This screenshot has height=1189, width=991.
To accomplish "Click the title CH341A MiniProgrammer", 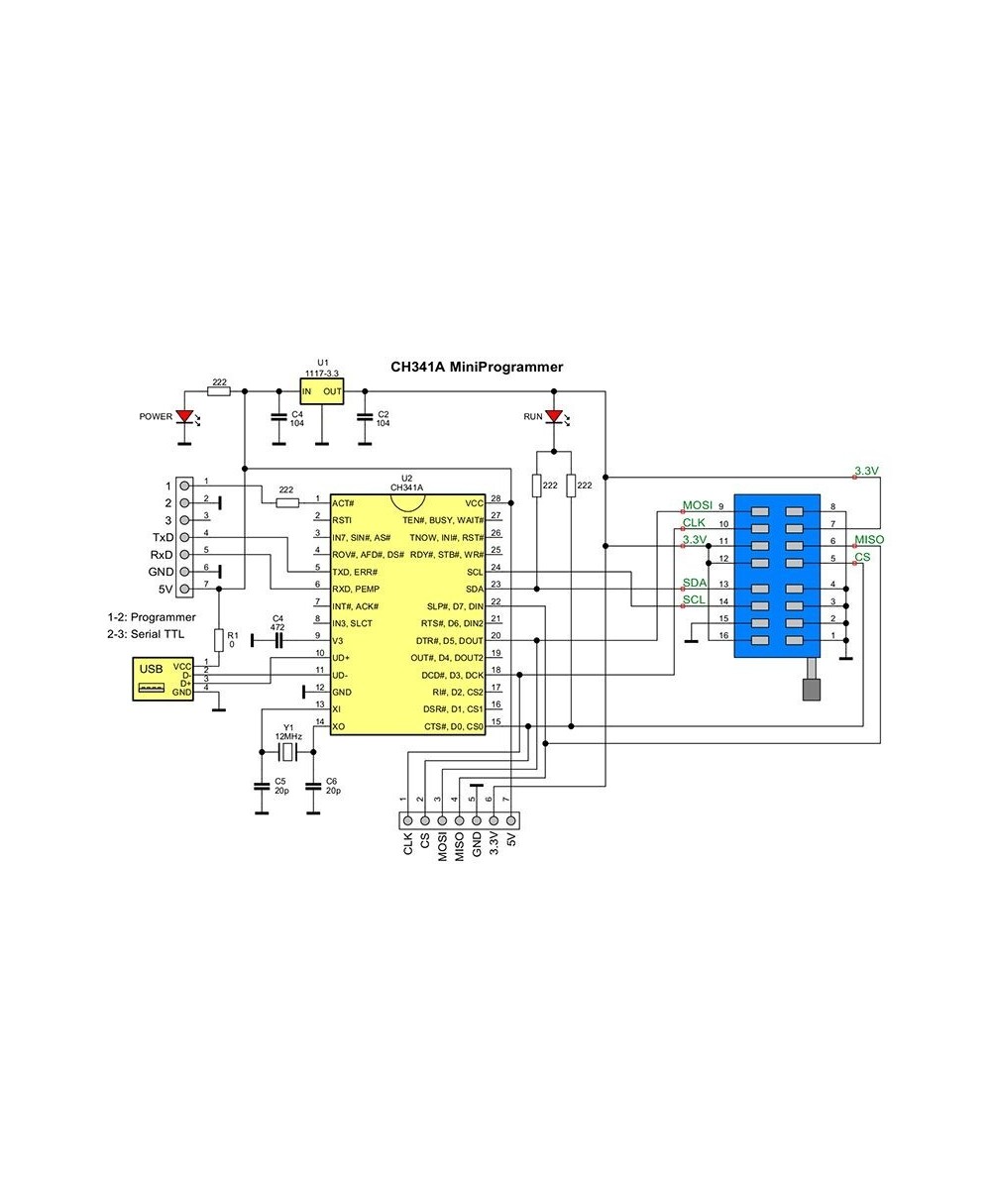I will [x=477, y=367].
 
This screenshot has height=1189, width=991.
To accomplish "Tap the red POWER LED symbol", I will [x=183, y=417].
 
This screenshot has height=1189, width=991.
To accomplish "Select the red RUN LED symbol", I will [x=554, y=416].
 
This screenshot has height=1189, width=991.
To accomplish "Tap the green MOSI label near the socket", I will [x=698, y=506].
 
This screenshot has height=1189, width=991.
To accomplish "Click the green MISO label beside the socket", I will [x=869, y=540].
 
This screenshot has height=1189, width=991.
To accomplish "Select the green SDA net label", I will [x=695, y=583].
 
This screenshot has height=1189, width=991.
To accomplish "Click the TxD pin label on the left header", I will [x=163, y=537].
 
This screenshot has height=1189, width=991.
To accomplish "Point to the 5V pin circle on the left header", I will [x=184, y=590].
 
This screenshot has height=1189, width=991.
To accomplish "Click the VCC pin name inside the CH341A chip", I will [x=474, y=503].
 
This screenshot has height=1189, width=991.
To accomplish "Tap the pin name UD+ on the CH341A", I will [x=342, y=657].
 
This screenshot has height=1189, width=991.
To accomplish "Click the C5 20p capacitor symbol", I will [x=262, y=785].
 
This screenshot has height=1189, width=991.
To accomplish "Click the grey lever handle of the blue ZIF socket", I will [x=812, y=685].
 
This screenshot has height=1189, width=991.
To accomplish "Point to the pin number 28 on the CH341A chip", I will [x=495, y=498].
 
